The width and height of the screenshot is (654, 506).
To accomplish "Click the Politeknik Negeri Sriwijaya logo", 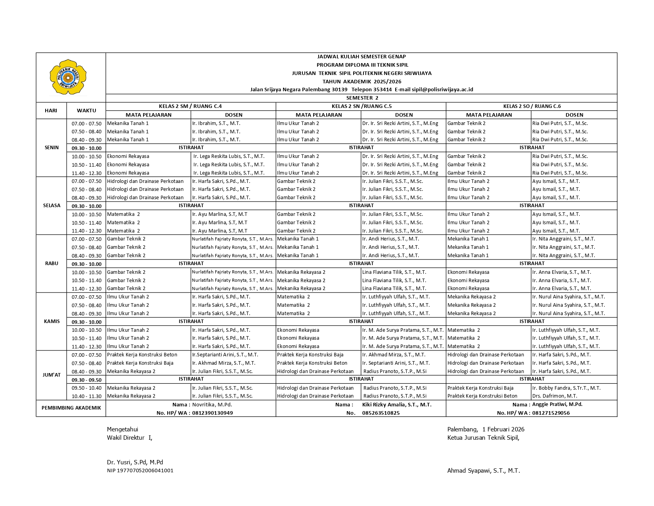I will pos(68,77).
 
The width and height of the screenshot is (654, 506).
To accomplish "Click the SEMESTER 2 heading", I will pos(362,98).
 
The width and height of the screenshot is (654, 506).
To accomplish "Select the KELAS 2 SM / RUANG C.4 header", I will pos(190,106).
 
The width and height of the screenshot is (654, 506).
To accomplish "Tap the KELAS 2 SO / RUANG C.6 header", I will pos(532,106).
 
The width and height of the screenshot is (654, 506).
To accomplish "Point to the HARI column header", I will pos(51,111).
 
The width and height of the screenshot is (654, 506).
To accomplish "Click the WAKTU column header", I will pos(86,111).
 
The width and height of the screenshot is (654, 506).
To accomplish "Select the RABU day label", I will pos(52,264).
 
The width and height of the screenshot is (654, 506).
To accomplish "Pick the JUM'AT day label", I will pos(52,375).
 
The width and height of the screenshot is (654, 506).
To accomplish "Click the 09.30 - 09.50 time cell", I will pos(86,380).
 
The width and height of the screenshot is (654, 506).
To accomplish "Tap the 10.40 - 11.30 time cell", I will pos(86,396).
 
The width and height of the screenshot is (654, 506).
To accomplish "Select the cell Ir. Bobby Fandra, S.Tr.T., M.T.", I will pos(566,388).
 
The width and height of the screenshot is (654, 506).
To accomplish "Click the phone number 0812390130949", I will pos(212,413).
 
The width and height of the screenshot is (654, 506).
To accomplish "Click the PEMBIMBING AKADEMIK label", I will pos(71,408).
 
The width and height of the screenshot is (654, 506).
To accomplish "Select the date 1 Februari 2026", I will pos(503,429).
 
